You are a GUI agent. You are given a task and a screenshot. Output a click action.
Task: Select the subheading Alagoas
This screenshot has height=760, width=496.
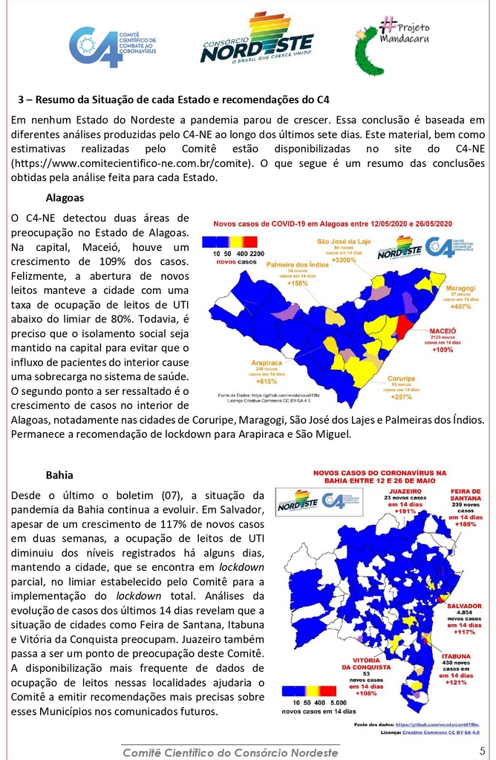coord(65,198)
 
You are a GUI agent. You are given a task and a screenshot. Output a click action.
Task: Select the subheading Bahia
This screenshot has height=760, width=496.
coord(59,474)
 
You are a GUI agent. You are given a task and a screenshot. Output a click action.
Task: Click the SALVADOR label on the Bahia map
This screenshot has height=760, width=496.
coord(463,606)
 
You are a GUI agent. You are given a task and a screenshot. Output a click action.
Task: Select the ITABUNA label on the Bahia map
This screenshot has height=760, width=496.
coord(455,657)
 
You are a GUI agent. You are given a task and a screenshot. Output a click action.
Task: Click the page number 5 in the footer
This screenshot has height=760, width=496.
coord(483,751)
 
